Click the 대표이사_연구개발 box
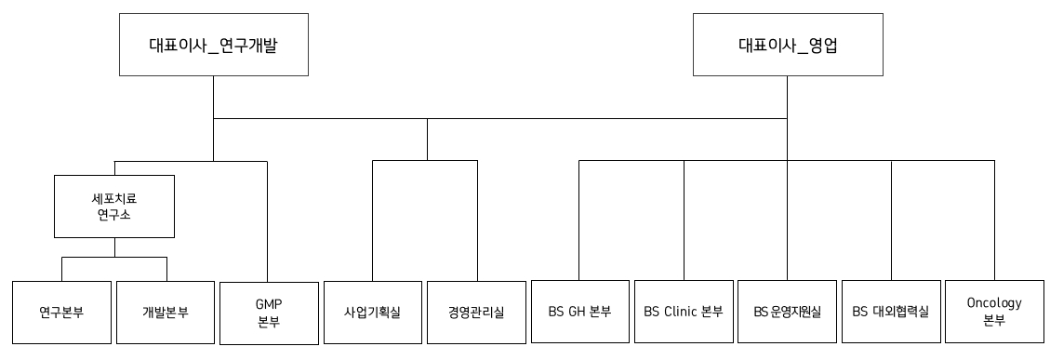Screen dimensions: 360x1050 213,44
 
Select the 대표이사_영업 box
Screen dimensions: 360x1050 788,44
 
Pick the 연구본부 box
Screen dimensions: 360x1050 61,312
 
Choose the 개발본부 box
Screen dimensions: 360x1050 166,312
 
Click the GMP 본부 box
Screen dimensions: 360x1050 268,312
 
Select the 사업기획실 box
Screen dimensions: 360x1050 372,312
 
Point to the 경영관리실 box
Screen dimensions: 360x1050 477,312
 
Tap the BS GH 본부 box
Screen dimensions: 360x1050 579,312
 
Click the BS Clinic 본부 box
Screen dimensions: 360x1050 684,312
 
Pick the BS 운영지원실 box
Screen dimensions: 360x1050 788,312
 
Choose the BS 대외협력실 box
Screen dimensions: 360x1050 892,312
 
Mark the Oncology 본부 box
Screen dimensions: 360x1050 994,312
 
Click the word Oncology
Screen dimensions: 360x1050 994,303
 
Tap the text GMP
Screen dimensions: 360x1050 268,303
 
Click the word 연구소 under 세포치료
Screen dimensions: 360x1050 114,215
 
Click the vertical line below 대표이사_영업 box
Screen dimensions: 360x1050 788,97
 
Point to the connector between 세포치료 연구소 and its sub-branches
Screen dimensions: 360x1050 114,247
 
